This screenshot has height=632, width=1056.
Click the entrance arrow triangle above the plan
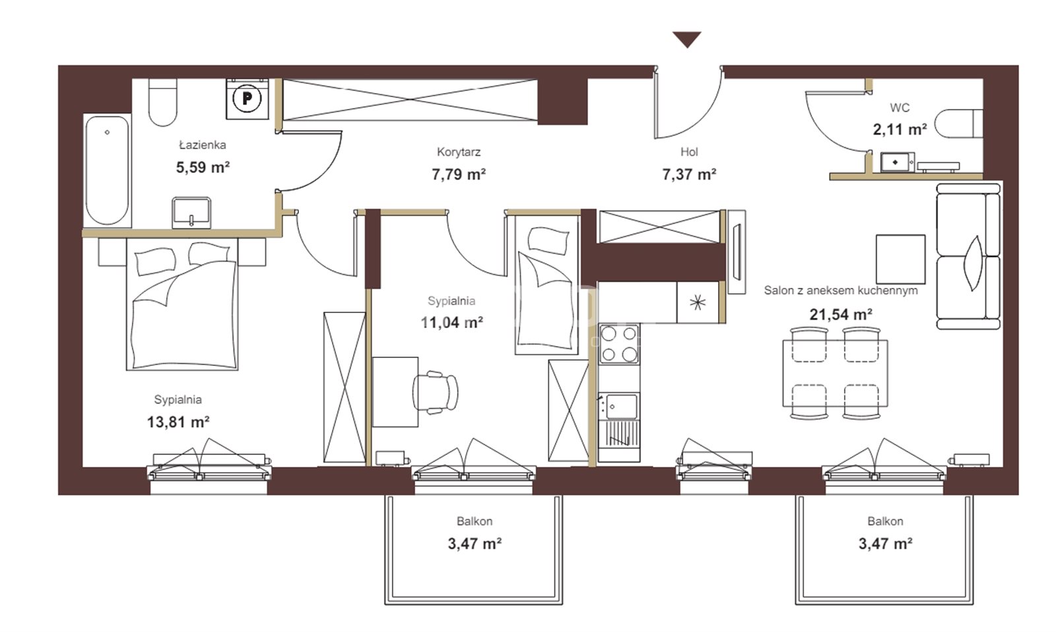point(687,39)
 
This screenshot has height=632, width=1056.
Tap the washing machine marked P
point(247,98)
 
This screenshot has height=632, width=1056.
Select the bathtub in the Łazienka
point(107,170)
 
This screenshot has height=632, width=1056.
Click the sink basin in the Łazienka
point(191,212)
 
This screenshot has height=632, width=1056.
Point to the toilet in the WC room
point(958,123)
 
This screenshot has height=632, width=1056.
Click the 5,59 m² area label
point(203,168)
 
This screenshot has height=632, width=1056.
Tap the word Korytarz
point(459,152)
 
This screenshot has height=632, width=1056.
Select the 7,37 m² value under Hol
point(689,174)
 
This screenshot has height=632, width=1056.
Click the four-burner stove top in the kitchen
point(619,344)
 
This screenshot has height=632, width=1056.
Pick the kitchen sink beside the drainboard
point(619,406)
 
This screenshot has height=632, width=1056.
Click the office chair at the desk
point(435,392)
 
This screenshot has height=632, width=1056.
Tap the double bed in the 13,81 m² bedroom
point(182,304)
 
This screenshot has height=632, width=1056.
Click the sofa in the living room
point(968,256)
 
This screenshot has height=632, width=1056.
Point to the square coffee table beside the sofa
point(900,260)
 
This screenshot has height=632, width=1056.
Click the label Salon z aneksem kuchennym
point(841,291)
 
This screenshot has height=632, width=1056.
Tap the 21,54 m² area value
point(841,314)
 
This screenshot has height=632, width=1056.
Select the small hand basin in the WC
point(897,162)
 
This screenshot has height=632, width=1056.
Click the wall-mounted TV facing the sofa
point(737,252)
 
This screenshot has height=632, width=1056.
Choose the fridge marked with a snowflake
point(698,302)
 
